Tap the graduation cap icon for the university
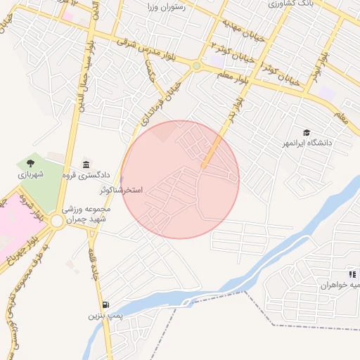[x=307, y=132]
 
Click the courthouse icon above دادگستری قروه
[x=86, y=164]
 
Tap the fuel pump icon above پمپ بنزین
[x=105, y=305]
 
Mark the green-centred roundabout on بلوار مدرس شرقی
[x=197, y=66]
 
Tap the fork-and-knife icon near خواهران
[x=352, y=274]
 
